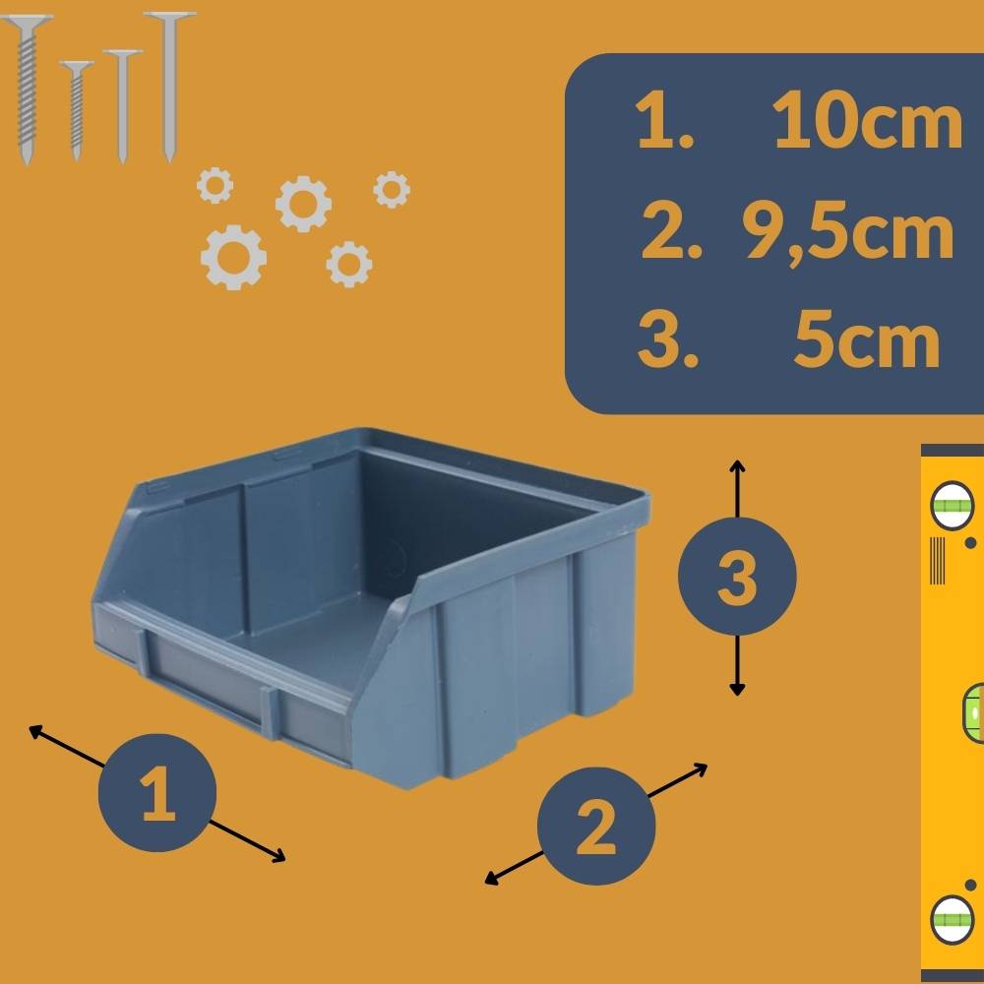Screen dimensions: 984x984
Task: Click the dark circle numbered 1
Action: click(x=157, y=793)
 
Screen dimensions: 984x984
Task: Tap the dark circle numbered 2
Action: click(x=596, y=827)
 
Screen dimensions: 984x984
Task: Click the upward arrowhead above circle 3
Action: click(x=737, y=464)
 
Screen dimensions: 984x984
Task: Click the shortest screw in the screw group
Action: click(x=76, y=108)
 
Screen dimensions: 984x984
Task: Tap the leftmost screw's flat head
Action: click(x=29, y=22)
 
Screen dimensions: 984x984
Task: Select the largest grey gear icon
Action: click(x=233, y=258)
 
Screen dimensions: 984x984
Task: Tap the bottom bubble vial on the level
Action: click(x=951, y=919)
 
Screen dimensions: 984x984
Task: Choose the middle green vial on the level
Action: click(x=972, y=710)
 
